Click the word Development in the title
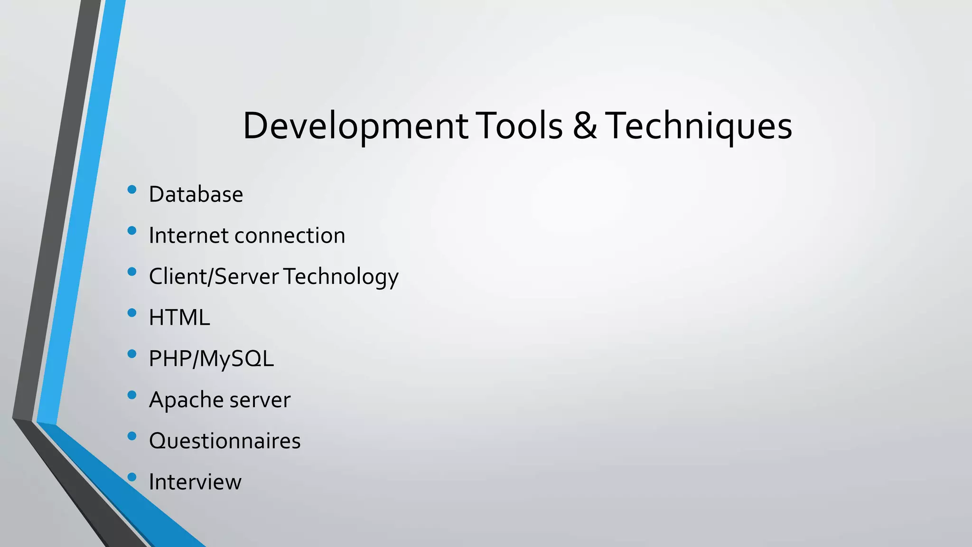point(355,126)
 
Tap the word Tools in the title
point(519,126)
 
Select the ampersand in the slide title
point(585,126)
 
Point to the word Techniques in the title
point(699,126)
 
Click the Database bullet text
point(196,194)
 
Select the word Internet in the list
point(188,236)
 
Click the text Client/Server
point(214,276)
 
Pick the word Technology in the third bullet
point(341,276)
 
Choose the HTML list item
point(179,318)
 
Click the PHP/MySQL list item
point(211,358)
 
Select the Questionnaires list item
point(224,441)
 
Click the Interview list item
point(195,482)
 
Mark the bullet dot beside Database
point(132,190)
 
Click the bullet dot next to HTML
point(132,313)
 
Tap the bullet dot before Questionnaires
point(132,436)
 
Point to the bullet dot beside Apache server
point(132,395)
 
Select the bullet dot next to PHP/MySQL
point(132,354)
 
